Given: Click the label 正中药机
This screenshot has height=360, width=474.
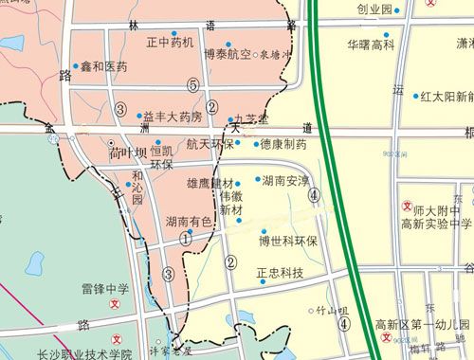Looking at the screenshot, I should tap(171, 43).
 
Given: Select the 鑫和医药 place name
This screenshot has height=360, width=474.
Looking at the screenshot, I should tap(103, 67).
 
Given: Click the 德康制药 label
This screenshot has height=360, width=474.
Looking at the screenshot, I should tap(283, 145).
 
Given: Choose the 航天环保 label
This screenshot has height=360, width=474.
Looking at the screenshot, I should tap(210, 144).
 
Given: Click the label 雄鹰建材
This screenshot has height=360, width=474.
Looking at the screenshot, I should tap(210, 182).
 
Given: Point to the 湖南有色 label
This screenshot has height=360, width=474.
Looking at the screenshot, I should tap(188, 222).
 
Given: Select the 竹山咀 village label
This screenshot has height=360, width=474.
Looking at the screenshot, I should tap(333, 309).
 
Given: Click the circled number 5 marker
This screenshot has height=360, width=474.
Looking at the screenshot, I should tap(193, 85).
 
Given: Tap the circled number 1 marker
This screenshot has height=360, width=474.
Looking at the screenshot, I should tap(186, 239).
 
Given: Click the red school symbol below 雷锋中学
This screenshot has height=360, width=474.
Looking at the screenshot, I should tap(116, 305).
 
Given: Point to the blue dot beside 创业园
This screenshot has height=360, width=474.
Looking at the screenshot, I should tap(398, 9).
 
